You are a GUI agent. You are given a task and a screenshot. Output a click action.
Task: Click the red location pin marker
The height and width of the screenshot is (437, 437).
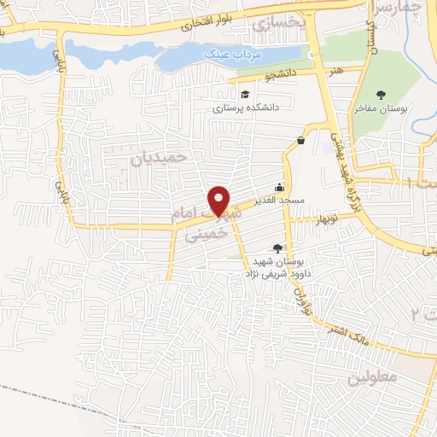point(220,200)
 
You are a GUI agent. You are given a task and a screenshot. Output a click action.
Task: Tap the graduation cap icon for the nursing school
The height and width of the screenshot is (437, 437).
point(246,95)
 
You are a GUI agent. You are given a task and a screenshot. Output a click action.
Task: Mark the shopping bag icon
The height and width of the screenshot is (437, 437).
point(301,141)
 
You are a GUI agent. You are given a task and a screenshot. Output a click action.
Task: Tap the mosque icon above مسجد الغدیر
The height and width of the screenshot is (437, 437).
point(279,188)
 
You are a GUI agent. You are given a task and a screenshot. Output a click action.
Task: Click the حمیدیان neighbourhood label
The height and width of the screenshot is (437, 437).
point(159,159)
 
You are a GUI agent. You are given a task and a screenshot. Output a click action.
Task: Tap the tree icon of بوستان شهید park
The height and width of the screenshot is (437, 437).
point(276,248)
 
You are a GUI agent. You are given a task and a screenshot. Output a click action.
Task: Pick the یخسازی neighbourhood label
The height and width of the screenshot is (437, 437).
point(278,23)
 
